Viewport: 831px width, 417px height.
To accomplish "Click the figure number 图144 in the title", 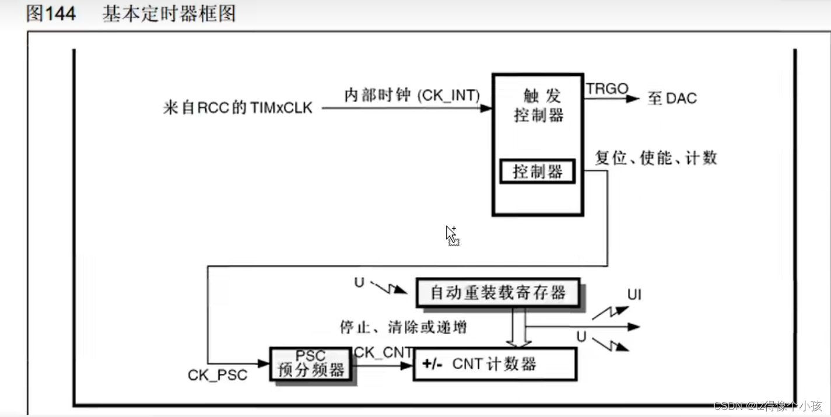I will pyautogui.click(x=51, y=13).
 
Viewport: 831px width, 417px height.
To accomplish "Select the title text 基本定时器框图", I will pyautogui.click(x=169, y=13).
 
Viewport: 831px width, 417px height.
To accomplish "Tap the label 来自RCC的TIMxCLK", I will pyautogui.click(x=237, y=108).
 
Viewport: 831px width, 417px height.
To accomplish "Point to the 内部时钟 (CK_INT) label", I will pyautogui.click(x=412, y=95).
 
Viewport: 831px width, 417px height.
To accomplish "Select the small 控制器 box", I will pyautogui.click(x=538, y=171).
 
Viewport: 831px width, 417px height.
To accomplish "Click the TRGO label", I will pyautogui.click(x=607, y=89).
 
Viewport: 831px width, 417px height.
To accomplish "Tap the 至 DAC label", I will pyautogui.click(x=672, y=98).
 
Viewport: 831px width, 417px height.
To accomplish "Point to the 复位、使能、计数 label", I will pyautogui.click(x=655, y=157).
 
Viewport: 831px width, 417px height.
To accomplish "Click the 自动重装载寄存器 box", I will pyautogui.click(x=499, y=292).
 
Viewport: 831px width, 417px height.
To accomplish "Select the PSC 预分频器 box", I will pyautogui.click(x=310, y=364).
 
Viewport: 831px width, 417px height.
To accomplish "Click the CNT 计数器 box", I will pyautogui.click(x=495, y=365).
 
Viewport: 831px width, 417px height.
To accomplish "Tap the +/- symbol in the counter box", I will pyautogui.click(x=432, y=365).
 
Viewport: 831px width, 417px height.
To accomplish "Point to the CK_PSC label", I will pyautogui.click(x=217, y=375).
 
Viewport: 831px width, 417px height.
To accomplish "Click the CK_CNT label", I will pyautogui.click(x=383, y=352).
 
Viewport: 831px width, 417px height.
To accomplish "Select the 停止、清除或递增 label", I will pyautogui.click(x=403, y=327).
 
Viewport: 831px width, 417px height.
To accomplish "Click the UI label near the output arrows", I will pyautogui.click(x=634, y=295).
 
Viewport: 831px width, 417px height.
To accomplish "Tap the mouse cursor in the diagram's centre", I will pyautogui.click(x=451, y=234).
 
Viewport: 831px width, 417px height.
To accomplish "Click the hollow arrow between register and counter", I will pyautogui.click(x=518, y=327).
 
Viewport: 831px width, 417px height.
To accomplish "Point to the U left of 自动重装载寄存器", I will pyautogui.click(x=359, y=283).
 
